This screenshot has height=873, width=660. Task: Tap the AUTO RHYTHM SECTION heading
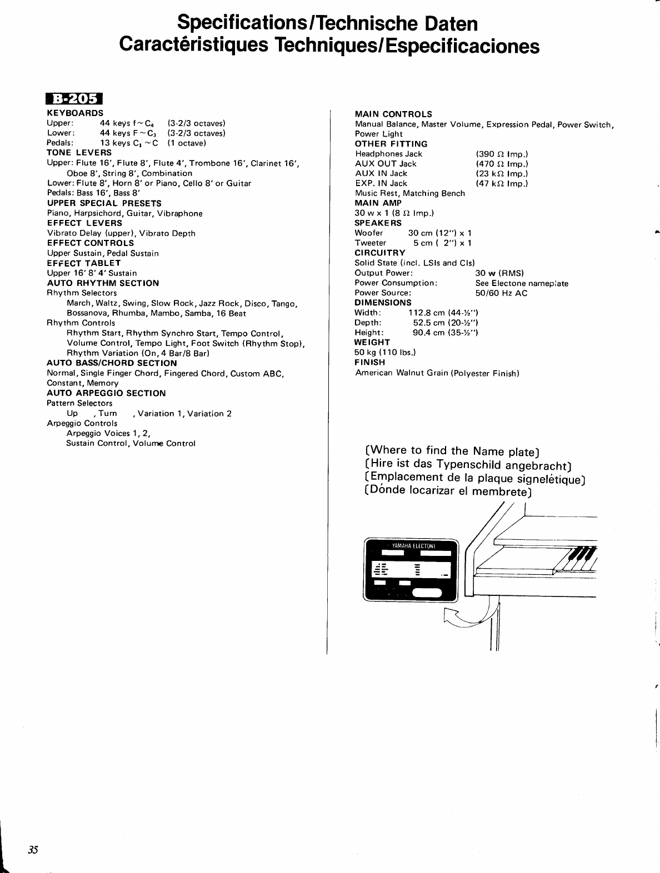[103, 283]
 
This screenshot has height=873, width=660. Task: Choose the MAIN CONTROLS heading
[393, 114]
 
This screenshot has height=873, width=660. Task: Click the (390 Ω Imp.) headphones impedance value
[502, 154]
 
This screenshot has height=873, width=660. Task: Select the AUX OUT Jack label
[386, 164]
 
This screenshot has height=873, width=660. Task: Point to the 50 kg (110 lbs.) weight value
[385, 352]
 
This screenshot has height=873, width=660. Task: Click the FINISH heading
[369, 362]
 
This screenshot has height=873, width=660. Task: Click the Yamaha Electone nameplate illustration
[411, 570]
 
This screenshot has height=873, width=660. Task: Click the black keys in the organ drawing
[582, 554]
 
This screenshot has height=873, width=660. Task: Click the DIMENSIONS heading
[383, 303]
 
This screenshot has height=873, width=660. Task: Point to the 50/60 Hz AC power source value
[501, 293]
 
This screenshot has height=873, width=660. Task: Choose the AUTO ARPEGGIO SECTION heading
[106, 393]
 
